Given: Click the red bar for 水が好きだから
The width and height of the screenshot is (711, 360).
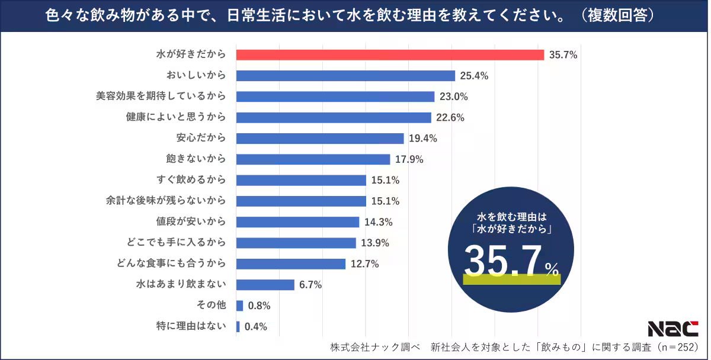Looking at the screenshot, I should tap(390, 55).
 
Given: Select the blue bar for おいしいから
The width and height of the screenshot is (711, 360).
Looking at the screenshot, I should tap(345, 76).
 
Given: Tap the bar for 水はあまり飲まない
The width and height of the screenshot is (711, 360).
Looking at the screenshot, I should tap(265, 285).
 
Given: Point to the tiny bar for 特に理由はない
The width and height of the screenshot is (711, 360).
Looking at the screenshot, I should tap(238, 326).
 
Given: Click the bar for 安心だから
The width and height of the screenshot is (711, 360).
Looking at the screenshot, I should tap(320, 138).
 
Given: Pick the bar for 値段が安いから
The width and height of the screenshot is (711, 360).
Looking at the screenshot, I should tap(297, 222).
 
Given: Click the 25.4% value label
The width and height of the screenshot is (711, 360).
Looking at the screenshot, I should tap(475, 76).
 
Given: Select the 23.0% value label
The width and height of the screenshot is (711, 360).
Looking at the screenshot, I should tap(454, 97).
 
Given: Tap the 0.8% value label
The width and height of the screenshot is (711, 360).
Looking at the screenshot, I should tap(260, 306).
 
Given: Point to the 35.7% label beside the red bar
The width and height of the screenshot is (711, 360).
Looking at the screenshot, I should tap(563, 55).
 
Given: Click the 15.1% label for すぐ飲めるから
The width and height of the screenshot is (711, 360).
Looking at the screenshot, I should tap(385, 180).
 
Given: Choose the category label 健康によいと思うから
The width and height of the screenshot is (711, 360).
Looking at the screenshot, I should tap(176, 117).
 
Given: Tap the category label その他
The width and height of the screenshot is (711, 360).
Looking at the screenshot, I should tap(211, 306).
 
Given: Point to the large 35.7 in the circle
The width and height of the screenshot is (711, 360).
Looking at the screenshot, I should tap(503, 261).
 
